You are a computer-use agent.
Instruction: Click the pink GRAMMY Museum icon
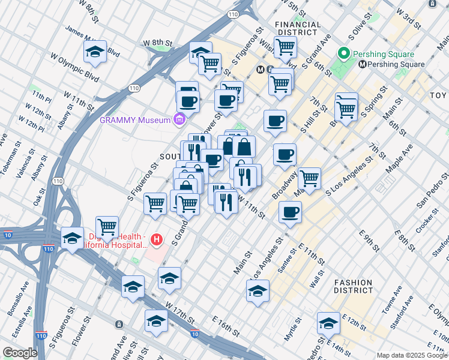click(178, 120)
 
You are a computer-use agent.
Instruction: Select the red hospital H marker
click(157, 241)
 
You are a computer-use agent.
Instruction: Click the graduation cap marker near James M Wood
click(95, 52)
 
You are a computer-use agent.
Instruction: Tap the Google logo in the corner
click(20, 353)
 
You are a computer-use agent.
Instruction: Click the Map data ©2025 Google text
click(412, 355)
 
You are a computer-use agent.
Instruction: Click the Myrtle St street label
click(290, 330)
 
